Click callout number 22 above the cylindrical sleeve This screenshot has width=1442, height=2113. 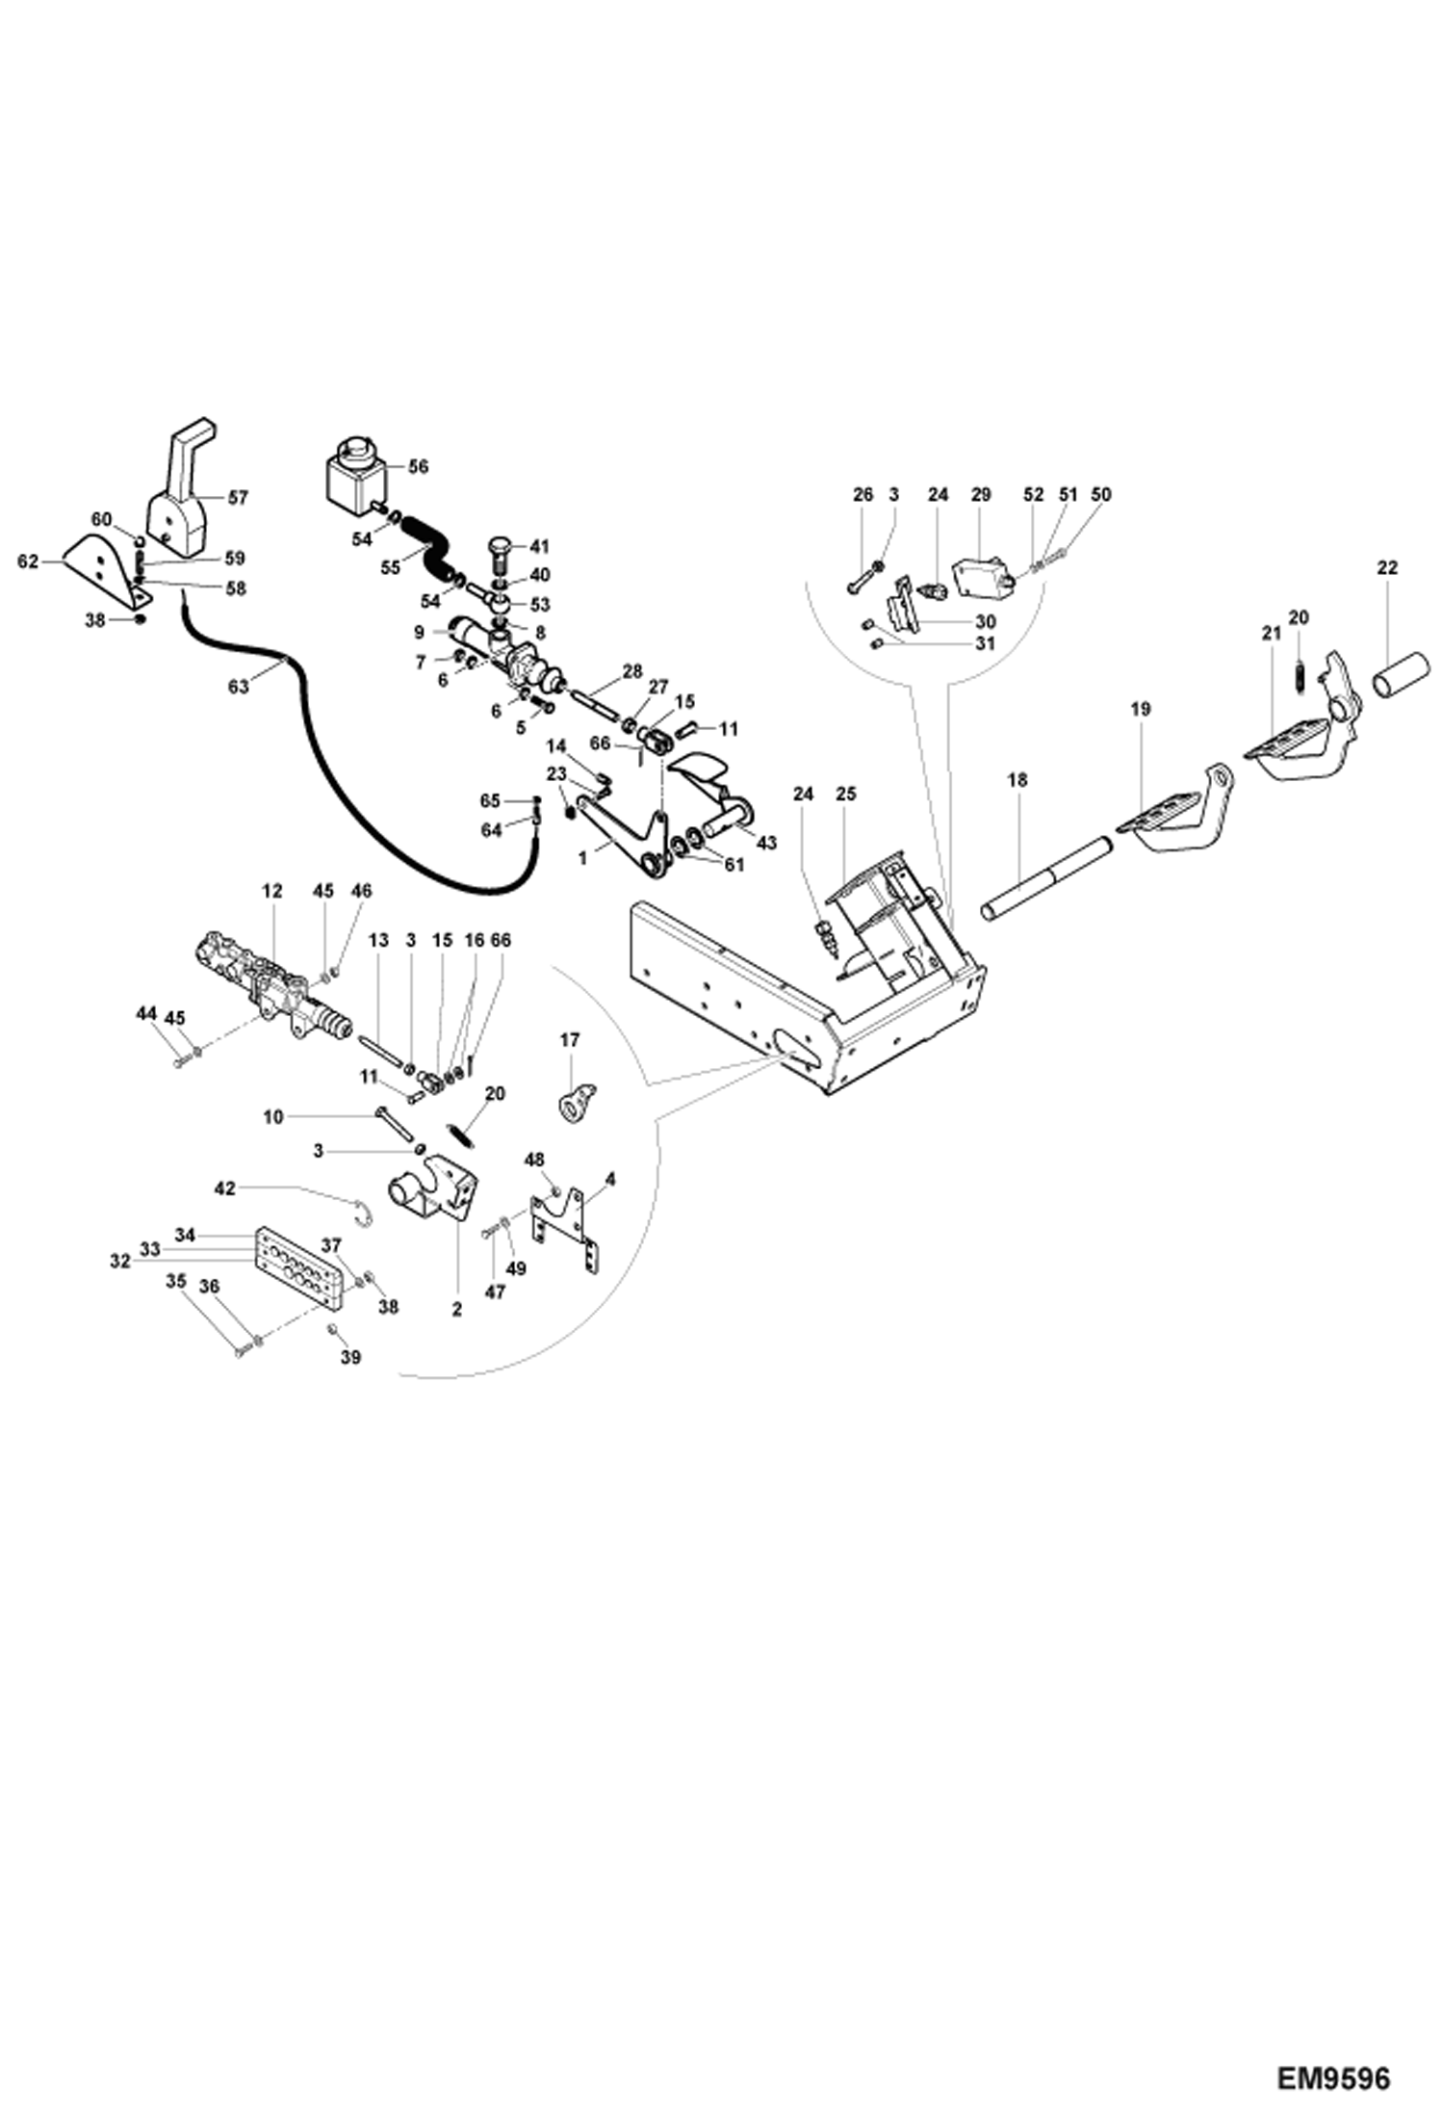tap(1385, 568)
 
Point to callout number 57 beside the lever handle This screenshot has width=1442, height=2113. tap(237, 498)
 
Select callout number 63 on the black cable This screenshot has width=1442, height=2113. tap(238, 687)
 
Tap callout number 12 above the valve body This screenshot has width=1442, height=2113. tap(272, 891)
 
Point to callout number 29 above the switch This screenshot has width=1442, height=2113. tap(980, 494)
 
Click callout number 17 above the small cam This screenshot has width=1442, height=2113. tap(569, 1039)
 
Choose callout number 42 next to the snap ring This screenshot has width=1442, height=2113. tap(224, 1189)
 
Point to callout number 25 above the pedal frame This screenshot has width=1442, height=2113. tap(845, 794)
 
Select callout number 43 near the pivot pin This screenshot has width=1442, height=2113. tap(766, 843)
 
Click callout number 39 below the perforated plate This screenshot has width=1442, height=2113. tap(351, 1357)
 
